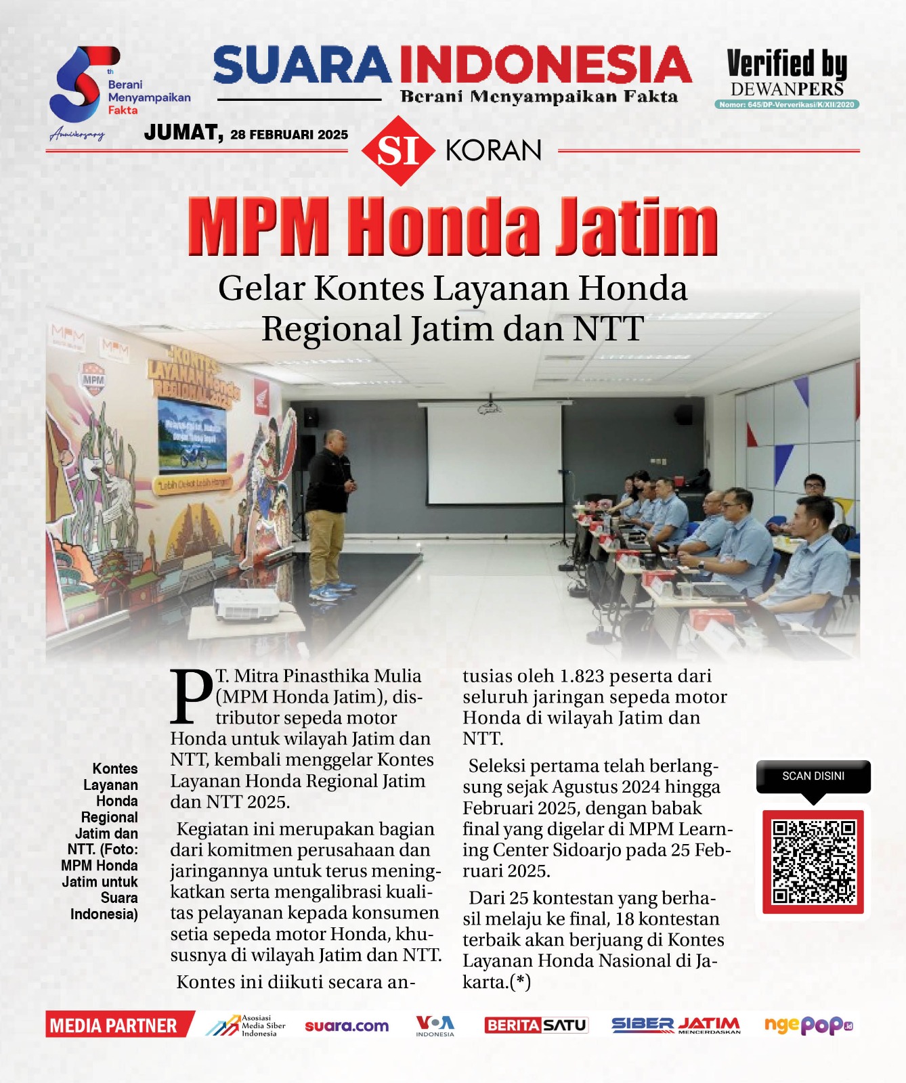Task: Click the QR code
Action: (813, 861)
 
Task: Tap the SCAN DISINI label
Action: (813, 776)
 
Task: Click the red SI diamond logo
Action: (397, 150)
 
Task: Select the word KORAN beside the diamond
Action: (494, 150)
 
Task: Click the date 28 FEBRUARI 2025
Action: (289, 135)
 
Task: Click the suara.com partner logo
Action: (347, 1025)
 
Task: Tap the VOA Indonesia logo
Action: (435, 1025)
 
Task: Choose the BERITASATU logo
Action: (536, 1025)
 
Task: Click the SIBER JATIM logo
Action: (675, 1025)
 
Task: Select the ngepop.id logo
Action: (808, 1025)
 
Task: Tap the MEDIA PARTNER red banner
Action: (115, 1025)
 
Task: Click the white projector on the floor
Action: (245, 604)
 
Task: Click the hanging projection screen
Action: (494, 454)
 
